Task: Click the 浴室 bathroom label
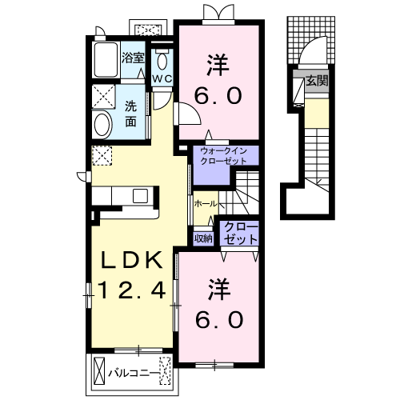pos(133,58)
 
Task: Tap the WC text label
pos(162,78)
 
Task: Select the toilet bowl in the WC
pos(162,61)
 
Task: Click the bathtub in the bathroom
pos(106,60)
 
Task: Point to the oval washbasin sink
pos(102,125)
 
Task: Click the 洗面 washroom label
pos(131,114)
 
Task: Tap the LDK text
pos(131,260)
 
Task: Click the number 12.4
pos(132,290)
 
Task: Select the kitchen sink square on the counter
pos(141,196)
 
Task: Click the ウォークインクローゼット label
pos(223,156)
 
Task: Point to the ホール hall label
pos(206,204)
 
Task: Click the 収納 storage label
pos(203,238)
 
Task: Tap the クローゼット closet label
pos(241,234)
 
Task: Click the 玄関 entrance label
pos(317,81)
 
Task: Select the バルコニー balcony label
pos(134,374)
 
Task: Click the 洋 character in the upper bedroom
pos(218,65)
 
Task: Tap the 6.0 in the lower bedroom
pos(219,319)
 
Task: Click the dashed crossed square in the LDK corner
pos(102,156)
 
